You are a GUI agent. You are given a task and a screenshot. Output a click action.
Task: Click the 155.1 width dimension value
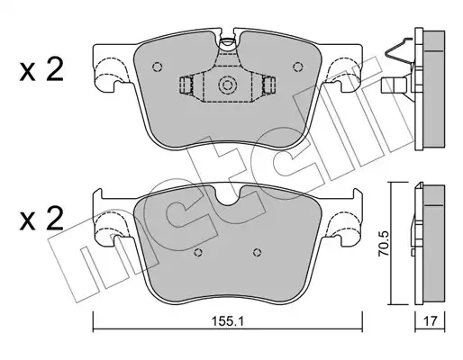[x=228, y=322]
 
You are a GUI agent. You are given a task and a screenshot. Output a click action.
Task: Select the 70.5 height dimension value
[x=384, y=243]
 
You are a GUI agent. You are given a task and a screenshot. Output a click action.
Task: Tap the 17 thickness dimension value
[x=430, y=322]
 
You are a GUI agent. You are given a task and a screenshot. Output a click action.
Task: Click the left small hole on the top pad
[x=157, y=67]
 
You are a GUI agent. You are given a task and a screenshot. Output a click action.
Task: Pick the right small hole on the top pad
[x=297, y=67]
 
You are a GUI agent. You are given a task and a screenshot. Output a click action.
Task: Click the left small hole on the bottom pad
[x=198, y=253]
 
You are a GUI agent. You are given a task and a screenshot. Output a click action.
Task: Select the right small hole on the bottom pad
[x=257, y=253]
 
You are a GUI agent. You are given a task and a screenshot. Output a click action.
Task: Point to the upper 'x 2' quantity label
[x=41, y=70]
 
